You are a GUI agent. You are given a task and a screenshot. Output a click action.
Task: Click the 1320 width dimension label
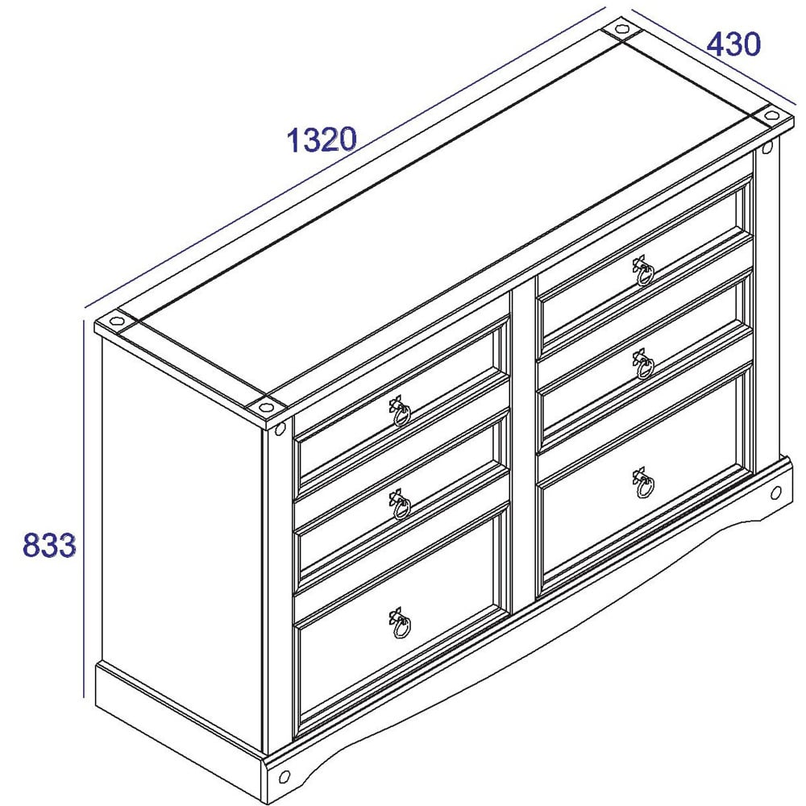click(322, 139)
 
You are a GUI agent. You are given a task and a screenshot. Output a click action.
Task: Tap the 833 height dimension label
click(49, 545)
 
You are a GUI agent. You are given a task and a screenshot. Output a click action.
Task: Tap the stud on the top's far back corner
click(621, 29)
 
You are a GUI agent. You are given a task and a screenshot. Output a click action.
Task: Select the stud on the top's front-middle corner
click(266, 408)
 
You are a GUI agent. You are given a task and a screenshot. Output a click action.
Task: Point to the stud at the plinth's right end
click(775, 492)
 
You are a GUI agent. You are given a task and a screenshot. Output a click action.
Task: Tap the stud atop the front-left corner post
click(280, 428)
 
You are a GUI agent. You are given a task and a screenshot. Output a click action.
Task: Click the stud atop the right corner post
click(767, 147)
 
